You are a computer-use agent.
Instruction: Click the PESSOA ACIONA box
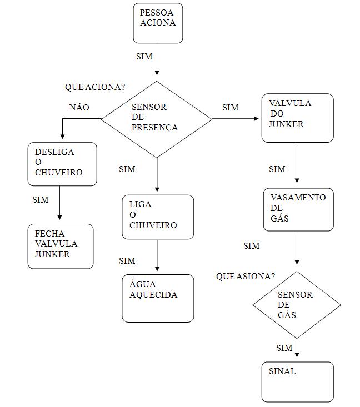pyautogui.click(x=158, y=23)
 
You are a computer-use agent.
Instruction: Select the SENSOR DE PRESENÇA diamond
pyautogui.click(x=157, y=119)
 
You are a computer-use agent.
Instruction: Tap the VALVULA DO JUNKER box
pyautogui.click(x=298, y=118)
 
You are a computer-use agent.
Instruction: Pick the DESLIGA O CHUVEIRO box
pyautogui.click(x=62, y=164)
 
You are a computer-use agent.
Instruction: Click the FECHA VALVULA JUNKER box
pyautogui.click(x=61, y=246)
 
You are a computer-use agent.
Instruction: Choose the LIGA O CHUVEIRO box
pyautogui.click(x=158, y=217)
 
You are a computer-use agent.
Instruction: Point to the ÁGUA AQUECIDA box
pyautogui.click(x=158, y=298)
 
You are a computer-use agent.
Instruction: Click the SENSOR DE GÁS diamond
pyautogui.click(x=297, y=304)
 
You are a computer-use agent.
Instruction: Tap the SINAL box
pyautogui.click(x=298, y=382)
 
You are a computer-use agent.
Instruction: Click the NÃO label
pyautogui.click(x=79, y=108)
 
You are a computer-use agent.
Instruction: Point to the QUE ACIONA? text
pyautogui.click(x=94, y=87)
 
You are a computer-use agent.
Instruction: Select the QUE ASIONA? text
pyautogui.click(x=246, y=277)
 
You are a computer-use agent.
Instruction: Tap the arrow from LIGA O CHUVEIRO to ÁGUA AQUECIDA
pyautogui.click(x=158, y=257)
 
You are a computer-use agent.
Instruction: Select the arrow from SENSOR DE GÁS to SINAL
pyautogui.click(x=297, y=349)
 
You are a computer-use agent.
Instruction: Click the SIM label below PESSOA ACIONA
pyautogui.click(x=144, y=57)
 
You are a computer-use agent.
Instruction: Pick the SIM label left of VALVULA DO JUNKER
pyautogui.click(x=230, y=108)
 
